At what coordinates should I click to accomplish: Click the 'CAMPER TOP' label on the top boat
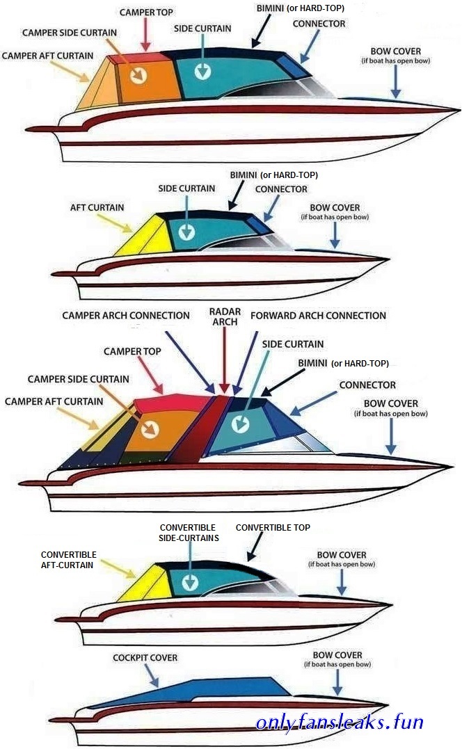pyautogui.click(x=146, y=13)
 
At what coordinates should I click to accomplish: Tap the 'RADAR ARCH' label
pyautogui.click(x=225, y=316)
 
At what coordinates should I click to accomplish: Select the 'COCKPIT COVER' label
pyautogui.click(x=145, y=658)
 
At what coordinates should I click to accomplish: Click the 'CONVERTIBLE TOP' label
pyautogui.click(x=273, y=527)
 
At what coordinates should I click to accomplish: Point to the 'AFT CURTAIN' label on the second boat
pyautogui.click(x=97, y=208)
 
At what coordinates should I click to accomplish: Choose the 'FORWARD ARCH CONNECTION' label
pyautogui.click(x=318, y=316)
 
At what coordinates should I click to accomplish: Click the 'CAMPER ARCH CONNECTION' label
pyautogui.click(x=126, y=316)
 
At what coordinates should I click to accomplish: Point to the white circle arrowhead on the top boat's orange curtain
pyautogui.click(x=139, y=74)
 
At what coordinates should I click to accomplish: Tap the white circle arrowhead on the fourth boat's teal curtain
pyautogui.click(x=190, y=582)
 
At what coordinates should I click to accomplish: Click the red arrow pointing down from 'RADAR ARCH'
pyautogui.click(x=225, y=360)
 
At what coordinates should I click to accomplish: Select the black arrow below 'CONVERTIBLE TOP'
pyautogui.click(x=255, y=547)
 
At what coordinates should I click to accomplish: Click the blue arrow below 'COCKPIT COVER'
pyautogui.click(x=152, y=676)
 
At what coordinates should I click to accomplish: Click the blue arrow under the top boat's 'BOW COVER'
pyautogui.click(x=396, y=81)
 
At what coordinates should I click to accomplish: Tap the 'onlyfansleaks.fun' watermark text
pyautogui.click(x=340, y=722)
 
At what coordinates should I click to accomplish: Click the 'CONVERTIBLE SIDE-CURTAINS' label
pyautogui.click(x=189, y=533)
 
